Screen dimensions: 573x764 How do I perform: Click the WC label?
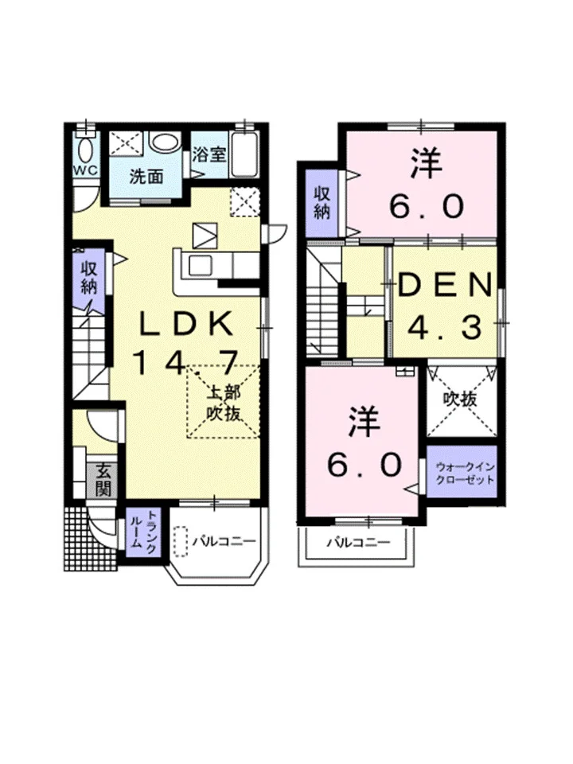pyautogui.click(x=86, y=170)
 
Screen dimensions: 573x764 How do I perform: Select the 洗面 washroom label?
pyautogui.click(x=146, y=177)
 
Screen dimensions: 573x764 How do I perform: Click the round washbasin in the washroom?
pyautogui.click(x=166, y=142)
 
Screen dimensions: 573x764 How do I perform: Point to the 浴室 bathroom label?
pyautogui.click(x=209, y=155)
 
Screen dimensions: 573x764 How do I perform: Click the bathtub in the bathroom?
pyautogui.click(x=244, y=154)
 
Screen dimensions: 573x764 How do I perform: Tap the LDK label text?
pyautogui.click(x=185, y=323)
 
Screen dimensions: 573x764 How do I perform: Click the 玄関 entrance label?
pyautogui.click(x=103, y=480)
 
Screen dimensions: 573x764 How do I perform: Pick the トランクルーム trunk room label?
pyautogui.click(x=144, y=533)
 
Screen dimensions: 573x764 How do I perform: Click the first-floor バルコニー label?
pyautogui.click(x=224, y=541)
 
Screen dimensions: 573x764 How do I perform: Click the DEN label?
pyautogui.click(x=444, y=286)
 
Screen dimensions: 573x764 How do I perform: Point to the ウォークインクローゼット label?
pyautogui.click(x=462, y=472)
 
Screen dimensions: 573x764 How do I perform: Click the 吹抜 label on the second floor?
pyautogui.click(x=459, y=400)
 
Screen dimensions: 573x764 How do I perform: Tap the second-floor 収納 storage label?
pyautogui.click(x=322, y=202)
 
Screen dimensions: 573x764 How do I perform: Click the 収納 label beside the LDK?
pyautogui.click(x=88, y=278)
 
